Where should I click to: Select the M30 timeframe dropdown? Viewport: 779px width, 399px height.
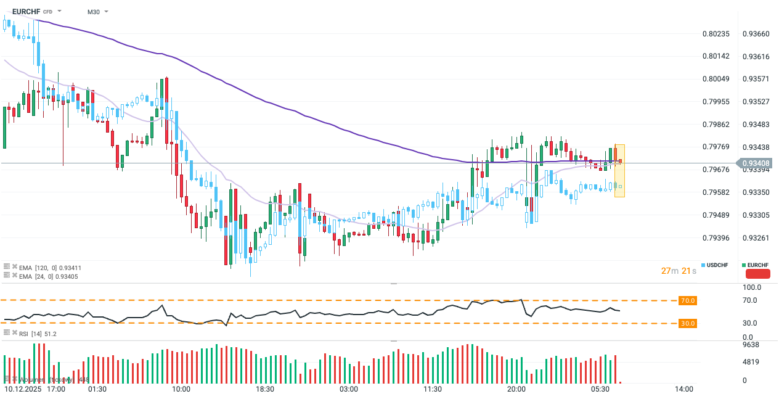94,12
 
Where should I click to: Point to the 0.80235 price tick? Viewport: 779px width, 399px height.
716,34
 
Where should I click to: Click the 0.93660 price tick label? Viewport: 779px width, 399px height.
756,34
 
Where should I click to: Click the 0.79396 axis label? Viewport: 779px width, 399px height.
716,238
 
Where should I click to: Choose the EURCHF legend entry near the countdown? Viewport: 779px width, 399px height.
757,265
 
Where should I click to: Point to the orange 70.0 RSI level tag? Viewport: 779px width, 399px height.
688,300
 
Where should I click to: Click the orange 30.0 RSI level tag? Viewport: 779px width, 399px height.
688,323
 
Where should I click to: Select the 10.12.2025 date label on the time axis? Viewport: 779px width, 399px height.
22,389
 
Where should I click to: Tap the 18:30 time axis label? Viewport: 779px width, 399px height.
264,389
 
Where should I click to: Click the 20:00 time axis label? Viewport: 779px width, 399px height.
516,389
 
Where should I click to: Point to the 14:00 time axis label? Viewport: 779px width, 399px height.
684,389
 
